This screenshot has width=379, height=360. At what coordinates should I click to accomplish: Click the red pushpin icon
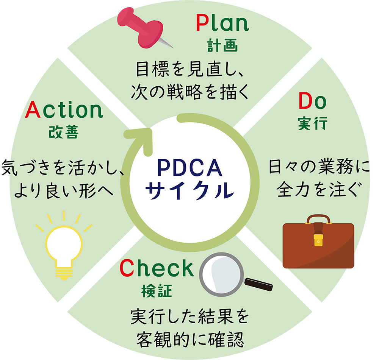pos(143,28)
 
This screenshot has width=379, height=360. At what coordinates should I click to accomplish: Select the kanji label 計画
pos(222,45)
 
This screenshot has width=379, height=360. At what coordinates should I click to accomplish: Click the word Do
pos(313,101)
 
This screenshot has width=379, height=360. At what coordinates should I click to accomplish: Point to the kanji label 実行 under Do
pos(313,123)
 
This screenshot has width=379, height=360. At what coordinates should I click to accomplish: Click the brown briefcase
pos(318,242)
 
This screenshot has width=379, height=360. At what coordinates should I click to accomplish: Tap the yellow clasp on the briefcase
pos(318,240)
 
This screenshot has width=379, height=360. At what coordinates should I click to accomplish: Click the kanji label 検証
pos(157,291)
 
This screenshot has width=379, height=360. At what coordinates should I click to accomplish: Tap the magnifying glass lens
pos(222,274)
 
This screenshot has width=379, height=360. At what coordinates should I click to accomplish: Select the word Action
pos(64,110)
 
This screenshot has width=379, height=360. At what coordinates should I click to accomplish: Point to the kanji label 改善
pos(64,132)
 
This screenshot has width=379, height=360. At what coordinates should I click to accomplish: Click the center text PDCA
pos(190,168)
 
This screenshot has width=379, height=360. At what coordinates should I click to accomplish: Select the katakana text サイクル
pos(190,190)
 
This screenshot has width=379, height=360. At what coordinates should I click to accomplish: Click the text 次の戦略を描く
pos(190,92)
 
